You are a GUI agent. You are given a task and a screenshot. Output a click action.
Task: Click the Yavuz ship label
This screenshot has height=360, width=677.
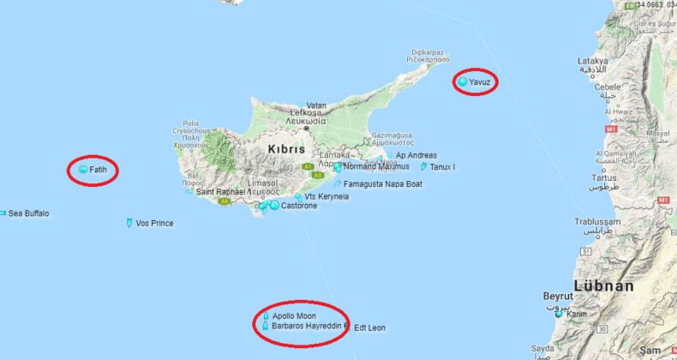click(x=480, y=81)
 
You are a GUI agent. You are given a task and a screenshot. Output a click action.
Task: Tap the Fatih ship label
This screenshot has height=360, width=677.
click(x=98, y=171)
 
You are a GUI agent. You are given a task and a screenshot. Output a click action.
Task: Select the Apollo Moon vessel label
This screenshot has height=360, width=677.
click(x=294, y=316)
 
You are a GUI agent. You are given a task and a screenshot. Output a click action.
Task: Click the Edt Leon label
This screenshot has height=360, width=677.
click(x=369, y=327)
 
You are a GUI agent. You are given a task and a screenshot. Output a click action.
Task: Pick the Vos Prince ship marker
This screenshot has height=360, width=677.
click(x=128, y=224)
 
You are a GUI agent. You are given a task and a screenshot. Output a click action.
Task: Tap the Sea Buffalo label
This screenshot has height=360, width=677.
click(x=28, y=213)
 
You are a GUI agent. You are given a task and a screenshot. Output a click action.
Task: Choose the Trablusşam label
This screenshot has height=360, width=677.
click(x=598, y=221)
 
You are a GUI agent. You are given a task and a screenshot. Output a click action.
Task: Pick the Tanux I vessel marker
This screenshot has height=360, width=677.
click(x=423, y=166)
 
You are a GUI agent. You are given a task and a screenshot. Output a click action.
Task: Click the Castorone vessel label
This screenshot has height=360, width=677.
click(x=299, y=207)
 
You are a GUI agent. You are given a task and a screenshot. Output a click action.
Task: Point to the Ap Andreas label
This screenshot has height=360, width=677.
click(x=416, y=155)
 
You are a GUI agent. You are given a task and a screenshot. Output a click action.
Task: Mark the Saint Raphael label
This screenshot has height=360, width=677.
click(x=220, y=192)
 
